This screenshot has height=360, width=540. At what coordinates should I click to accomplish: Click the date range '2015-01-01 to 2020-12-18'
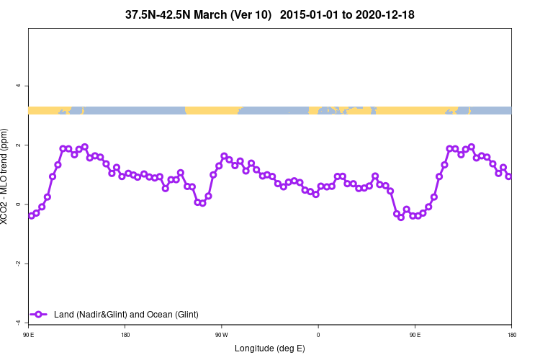click(x=347, y=14)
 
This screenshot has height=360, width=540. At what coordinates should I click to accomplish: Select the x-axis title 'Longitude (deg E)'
click(x=270, y=348)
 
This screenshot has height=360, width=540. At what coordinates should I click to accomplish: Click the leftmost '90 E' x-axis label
click(x=29, y=334)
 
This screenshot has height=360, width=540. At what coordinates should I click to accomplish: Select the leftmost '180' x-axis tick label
click(x=125, y=334)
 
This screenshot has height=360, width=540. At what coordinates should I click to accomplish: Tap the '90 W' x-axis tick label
click(x=222, y=334)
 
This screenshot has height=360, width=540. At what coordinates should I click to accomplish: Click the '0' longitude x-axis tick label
click(x=318, y=334)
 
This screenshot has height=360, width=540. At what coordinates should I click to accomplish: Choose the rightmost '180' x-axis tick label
click(x=511, y=334)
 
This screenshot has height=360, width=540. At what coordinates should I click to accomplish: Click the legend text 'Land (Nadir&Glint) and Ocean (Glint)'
click(x=126, y=315)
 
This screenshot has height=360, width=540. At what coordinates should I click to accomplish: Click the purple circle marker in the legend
click(x=40, y=315)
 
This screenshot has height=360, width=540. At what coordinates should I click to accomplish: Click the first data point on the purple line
click(x=31, y=215)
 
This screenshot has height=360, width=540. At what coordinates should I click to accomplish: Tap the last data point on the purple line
click(x=509, y=176)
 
